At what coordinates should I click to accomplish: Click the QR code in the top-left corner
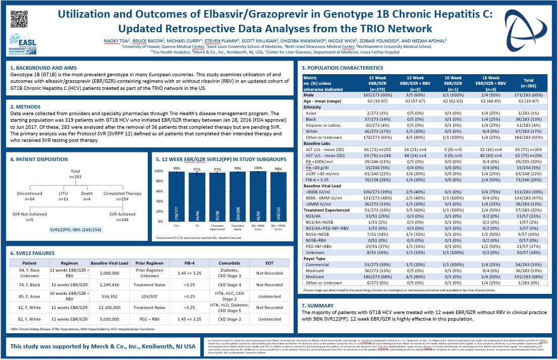(19, 19)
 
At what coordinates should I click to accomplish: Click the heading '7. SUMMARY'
(318, 305)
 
